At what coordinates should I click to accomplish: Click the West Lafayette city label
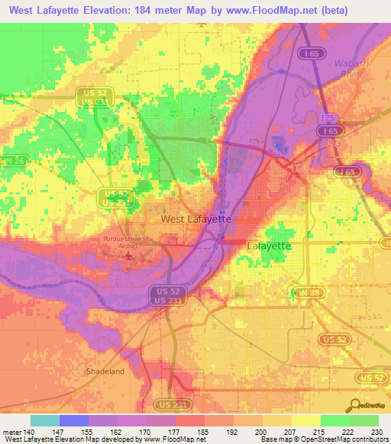(x=196, y=219)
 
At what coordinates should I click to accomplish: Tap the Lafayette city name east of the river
(x=269, y=246)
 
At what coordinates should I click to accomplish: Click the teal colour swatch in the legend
(x=45, y=420)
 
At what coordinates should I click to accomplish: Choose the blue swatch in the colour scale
(x=74, y=420)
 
